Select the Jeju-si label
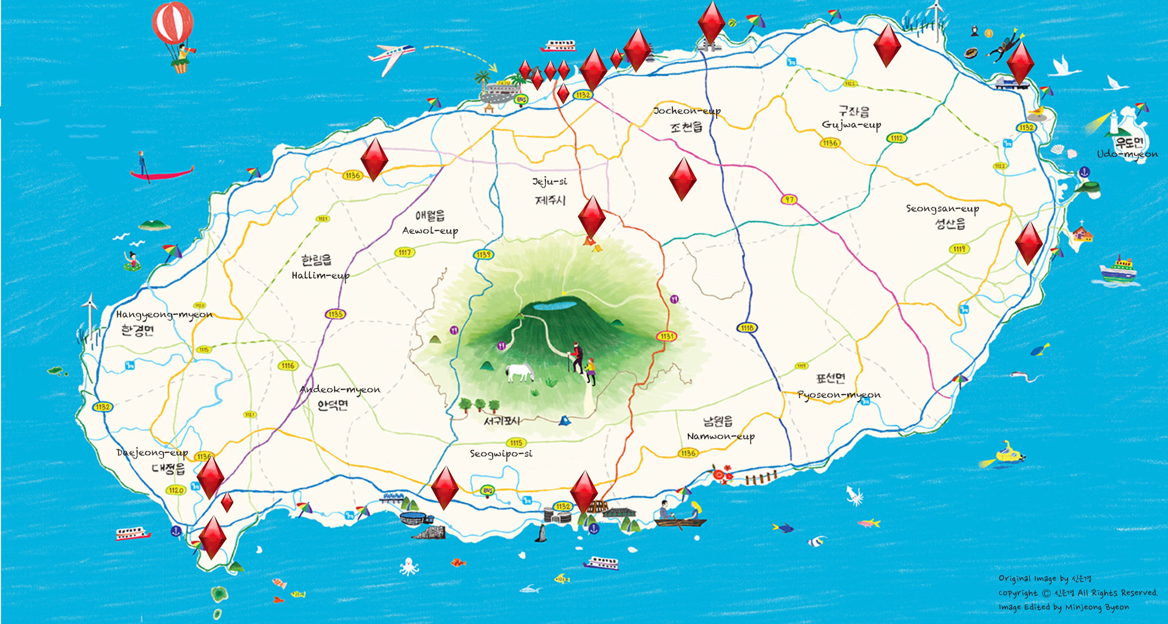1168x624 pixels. click(549, 182)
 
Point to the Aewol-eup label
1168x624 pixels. click(430, 231)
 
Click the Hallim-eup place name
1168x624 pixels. click(320, 275)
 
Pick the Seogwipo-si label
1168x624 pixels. click(501, 454)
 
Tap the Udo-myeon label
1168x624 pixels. click(1127, 154)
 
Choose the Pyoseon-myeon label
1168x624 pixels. click(839, 395)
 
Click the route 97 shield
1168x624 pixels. click(789, 200)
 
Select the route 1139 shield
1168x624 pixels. click(483, 255)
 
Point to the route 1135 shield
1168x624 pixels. click(335, 314)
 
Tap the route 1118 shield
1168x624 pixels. click(747, 328)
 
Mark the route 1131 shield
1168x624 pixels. click(667, 336)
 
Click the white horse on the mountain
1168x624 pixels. click(519, 373)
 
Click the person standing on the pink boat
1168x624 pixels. click(143, 163)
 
